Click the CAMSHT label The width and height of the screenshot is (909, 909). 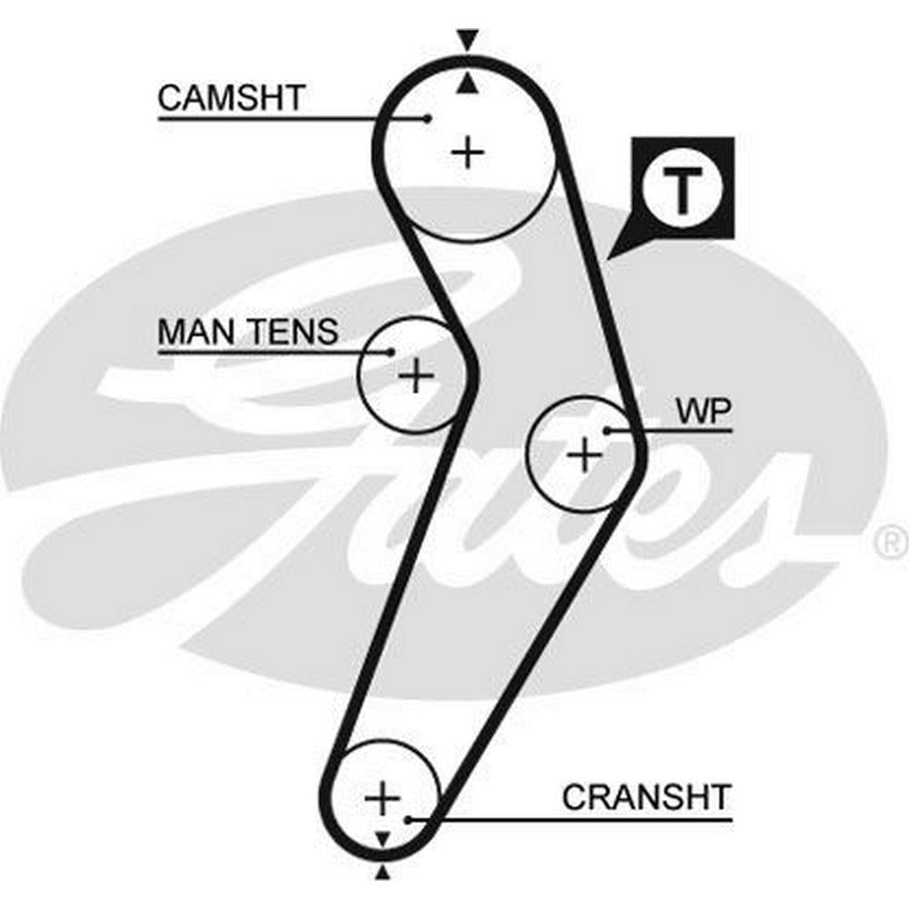[230, 97]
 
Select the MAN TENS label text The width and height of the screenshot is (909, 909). [247, 333]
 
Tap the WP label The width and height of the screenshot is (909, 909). [703, 411]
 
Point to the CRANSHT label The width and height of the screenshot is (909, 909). [645, 797]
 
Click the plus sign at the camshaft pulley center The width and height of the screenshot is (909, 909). [468, 151]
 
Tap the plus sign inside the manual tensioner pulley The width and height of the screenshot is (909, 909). [416, 375]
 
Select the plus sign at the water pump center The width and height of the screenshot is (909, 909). [584, 453]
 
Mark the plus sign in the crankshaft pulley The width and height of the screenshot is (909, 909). [383, 799]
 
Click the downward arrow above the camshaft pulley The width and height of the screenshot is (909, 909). [467, 41]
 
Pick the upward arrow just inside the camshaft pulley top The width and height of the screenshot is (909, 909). [467, 85]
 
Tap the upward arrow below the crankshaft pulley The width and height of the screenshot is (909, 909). [383, 874]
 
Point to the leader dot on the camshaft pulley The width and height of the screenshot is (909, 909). [427, 117]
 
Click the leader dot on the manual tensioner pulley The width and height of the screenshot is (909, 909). [392, 352]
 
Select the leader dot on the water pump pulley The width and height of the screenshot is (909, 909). [606, 430]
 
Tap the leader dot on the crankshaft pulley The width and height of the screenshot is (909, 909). [408, 820]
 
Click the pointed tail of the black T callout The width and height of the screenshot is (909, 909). [612, 255]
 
